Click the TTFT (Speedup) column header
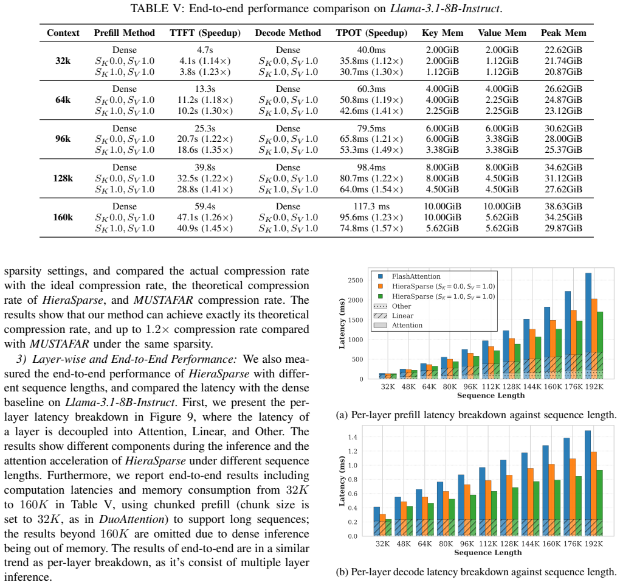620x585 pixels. pos(205,33)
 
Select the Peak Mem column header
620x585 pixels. pos(563,33)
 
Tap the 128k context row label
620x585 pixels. pos(63,178)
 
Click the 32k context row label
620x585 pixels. pos(63,61)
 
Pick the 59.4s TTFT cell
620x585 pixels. pos(205,206)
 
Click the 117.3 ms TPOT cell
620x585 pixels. pos(371,206)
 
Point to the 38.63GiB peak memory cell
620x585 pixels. pos(563,206)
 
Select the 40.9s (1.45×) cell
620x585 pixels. pos(205,228)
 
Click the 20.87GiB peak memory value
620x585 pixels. pos(563,72)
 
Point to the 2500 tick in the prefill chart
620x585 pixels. pos(355,281)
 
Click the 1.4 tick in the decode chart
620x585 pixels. pos(353,437)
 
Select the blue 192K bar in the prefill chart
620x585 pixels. pos(588,326)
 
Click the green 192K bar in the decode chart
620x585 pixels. pos(599,503)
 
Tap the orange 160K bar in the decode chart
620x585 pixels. pos(551,500)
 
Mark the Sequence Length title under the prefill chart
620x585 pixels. pos(491,395)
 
